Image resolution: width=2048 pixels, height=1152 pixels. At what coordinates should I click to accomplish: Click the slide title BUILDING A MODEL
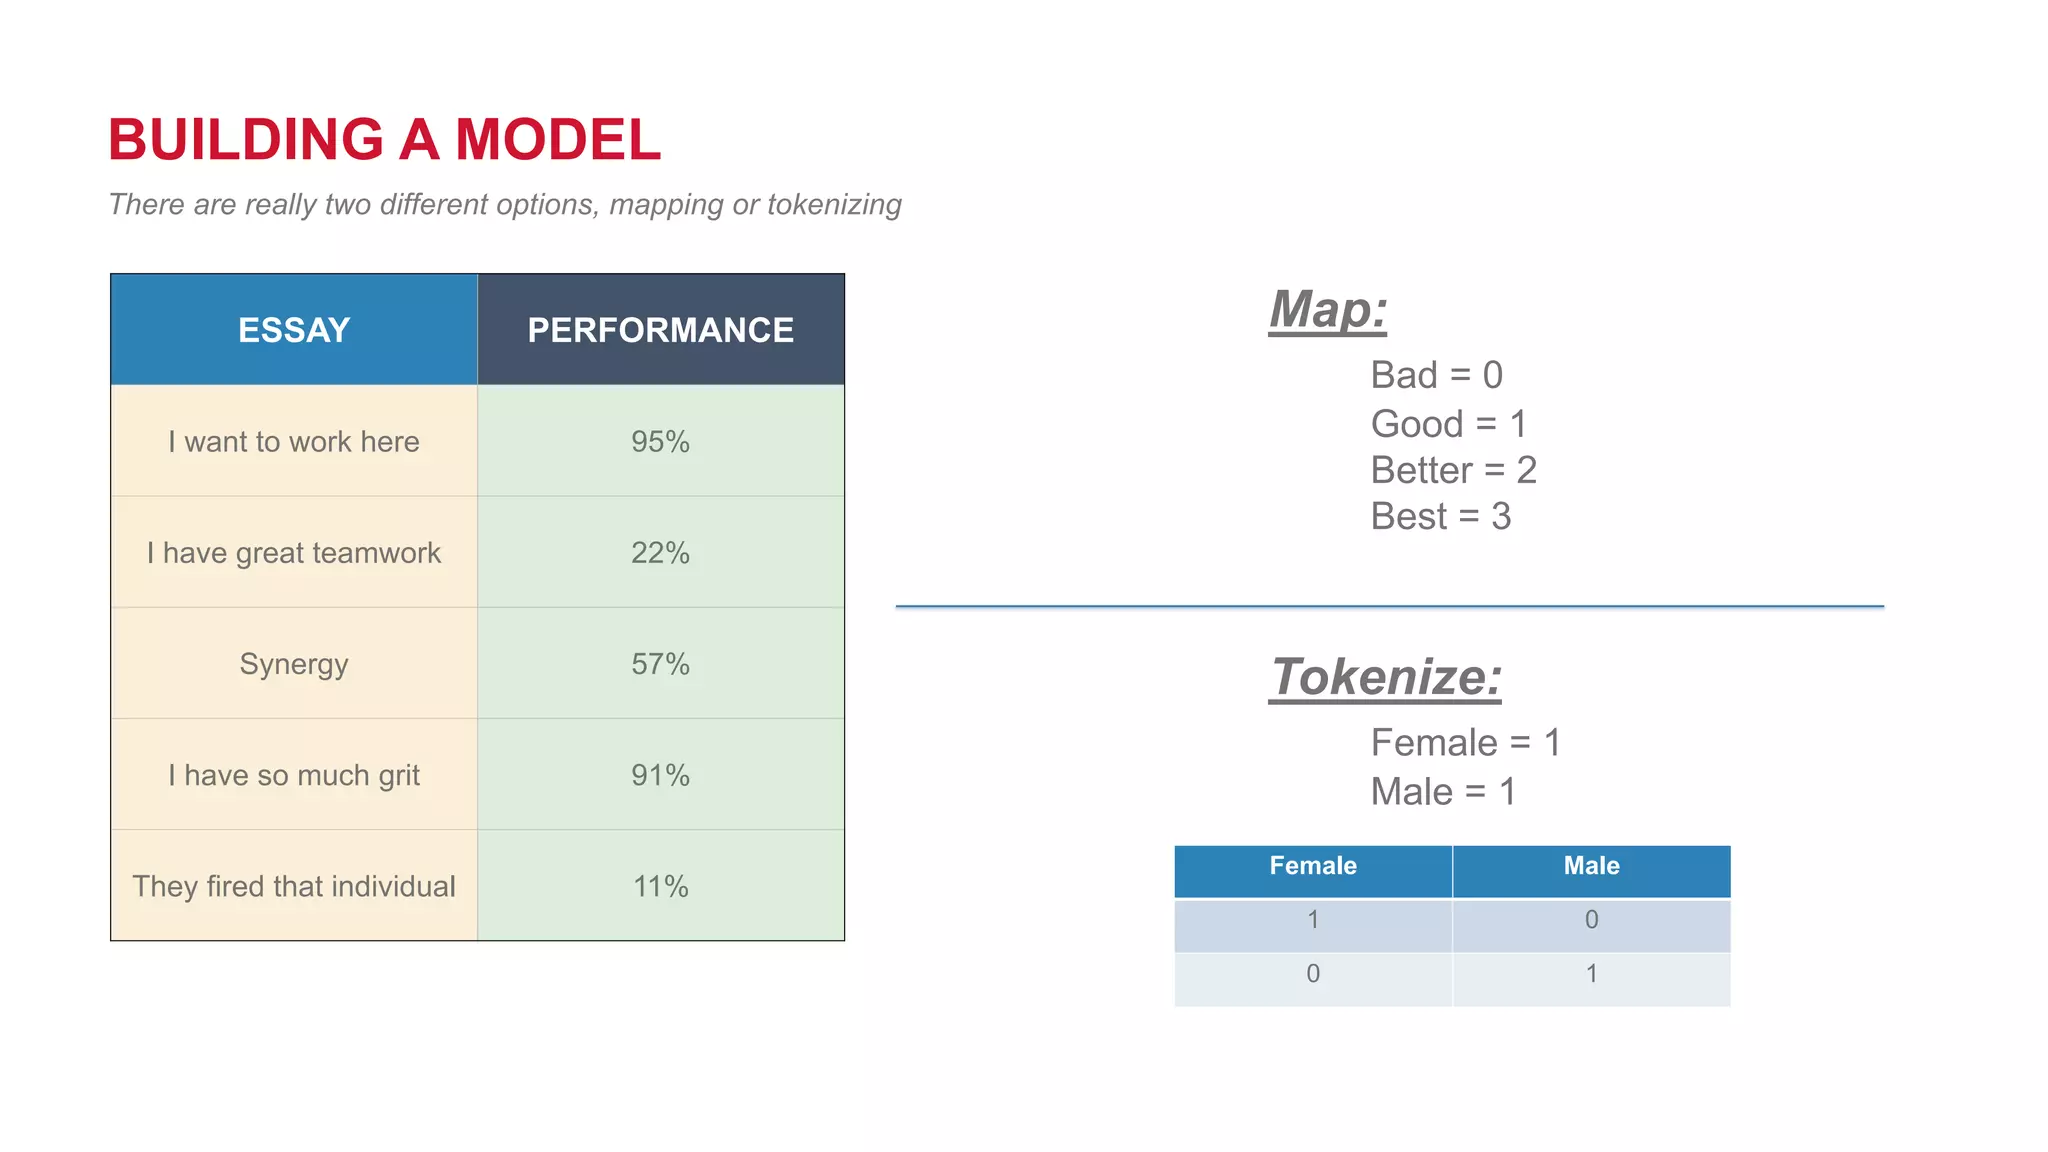click(384, 139)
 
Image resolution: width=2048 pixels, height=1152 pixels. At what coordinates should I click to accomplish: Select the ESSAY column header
click(294, 330)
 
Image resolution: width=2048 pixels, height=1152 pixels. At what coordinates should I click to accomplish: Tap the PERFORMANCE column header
click(660, 330)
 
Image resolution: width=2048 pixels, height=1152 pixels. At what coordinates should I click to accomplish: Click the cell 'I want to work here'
click(294, 441)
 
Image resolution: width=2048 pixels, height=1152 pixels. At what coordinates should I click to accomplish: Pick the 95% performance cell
click(660, 441)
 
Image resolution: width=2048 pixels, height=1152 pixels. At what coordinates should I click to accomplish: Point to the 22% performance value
click(660, 552)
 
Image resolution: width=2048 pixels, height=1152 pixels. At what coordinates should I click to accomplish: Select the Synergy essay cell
click(294, 664)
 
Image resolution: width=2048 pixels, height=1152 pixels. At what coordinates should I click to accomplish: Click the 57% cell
click(660, 664)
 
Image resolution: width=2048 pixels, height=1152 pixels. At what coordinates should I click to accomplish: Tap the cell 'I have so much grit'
click(294, 775)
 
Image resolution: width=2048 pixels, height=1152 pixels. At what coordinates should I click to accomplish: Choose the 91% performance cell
click(660, 775)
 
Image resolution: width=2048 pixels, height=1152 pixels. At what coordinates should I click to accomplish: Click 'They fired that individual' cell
click(294, 886)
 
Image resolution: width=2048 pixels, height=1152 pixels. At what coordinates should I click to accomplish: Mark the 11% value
click(660, 886)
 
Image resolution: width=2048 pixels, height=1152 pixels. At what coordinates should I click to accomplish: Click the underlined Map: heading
click(1328, 309)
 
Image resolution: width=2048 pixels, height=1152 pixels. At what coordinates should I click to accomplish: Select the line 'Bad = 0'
click(1436, 375)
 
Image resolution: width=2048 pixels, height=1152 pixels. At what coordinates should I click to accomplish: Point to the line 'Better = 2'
click(1453, 470)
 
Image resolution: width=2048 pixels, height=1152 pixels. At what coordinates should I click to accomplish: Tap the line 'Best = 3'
click(1440, 516)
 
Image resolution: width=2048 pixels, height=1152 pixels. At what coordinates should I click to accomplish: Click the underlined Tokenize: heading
click(1385, 677)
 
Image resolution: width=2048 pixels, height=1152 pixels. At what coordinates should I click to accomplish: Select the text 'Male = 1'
click(1443, 792)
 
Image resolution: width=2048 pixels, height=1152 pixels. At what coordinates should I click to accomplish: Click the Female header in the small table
click(1313, 866)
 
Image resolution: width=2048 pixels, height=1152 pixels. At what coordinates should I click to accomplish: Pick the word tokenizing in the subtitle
click(834, 204)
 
